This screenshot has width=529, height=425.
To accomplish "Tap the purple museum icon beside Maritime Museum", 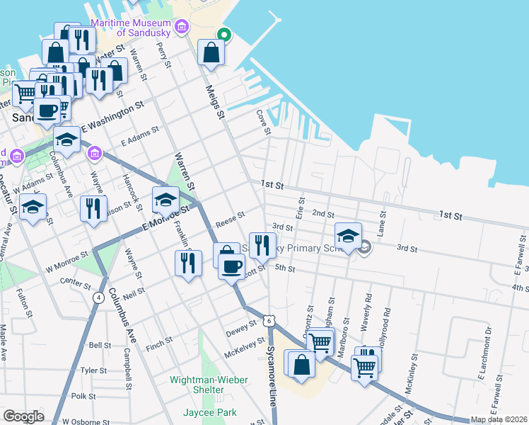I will (x=182, y=27).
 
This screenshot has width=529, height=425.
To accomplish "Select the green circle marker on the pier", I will (x=224, y=33).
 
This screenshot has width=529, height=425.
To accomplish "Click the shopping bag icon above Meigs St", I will (x=211, y=52).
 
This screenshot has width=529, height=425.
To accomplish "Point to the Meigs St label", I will (x=214, y=101).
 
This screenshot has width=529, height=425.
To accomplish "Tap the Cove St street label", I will (x=263, y=120).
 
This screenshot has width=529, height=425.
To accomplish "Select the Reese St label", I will (x=230, y=215).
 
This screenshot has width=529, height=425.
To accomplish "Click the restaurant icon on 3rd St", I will (x=262, y=245).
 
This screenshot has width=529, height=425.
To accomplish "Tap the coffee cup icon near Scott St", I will (x=231, y=267).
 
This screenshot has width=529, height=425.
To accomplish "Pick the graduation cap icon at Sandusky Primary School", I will (x=348, y=235).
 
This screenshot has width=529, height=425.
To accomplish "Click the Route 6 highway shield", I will (x=269, y=321).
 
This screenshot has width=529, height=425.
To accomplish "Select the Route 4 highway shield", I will (x=98, y=297).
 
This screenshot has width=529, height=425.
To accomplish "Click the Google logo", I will (x=23, y=416).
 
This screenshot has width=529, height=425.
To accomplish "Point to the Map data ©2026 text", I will (x=498, y=419).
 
